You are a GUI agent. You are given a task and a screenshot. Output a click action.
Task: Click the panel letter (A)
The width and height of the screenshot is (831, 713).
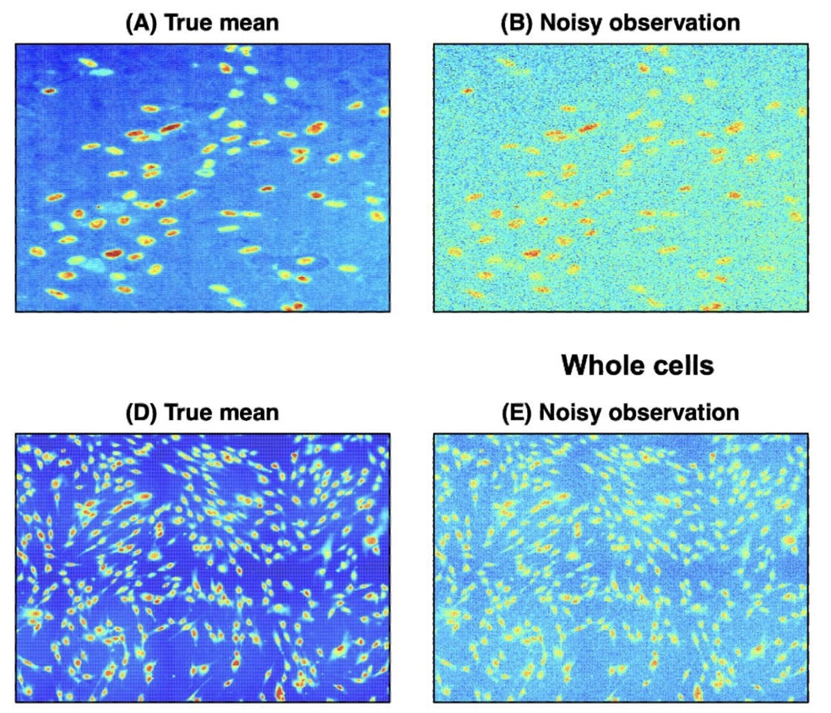140,24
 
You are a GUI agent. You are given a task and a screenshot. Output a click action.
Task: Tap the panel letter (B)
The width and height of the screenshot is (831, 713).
516,24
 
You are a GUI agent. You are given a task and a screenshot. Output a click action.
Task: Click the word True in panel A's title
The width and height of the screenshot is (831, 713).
189,24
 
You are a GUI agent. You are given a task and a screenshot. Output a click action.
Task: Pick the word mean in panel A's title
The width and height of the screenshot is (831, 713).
249,24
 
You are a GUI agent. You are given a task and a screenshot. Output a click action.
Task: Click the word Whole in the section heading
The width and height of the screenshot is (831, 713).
603,366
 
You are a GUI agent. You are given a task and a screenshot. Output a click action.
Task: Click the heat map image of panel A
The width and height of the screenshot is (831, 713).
203,177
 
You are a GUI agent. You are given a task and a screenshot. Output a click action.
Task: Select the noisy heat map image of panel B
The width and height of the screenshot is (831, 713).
620,177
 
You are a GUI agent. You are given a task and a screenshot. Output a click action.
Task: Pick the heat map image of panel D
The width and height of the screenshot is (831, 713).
203,567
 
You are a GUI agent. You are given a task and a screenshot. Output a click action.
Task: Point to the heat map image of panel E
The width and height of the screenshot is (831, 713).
620,567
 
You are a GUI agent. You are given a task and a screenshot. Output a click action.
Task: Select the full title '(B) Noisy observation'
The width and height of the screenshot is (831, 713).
620,24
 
